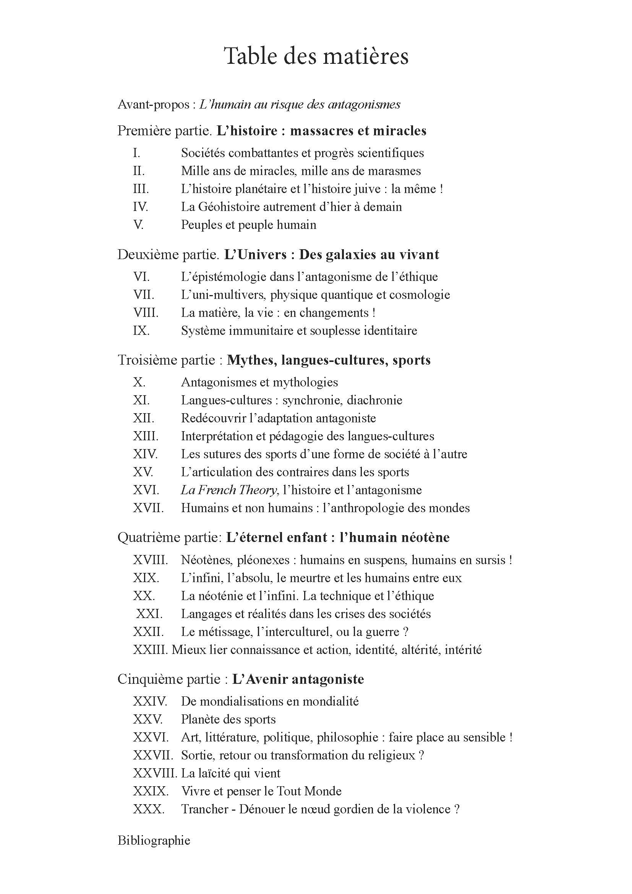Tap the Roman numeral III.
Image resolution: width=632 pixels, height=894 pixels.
tap(141, 189)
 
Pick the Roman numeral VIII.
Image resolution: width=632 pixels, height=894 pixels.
tap(146, 313)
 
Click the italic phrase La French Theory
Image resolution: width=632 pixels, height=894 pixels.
tap(229, 490)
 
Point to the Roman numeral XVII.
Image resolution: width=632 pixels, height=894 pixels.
tap(148, 508)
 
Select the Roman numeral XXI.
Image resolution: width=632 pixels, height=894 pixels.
tap(149, 614)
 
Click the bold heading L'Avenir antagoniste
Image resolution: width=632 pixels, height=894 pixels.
tap(298, 680)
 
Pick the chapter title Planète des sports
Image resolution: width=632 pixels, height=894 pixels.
tap(228, 720)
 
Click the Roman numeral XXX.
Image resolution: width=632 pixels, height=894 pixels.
tap(148, 809)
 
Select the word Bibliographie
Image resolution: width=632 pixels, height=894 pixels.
tap(154, 840)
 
